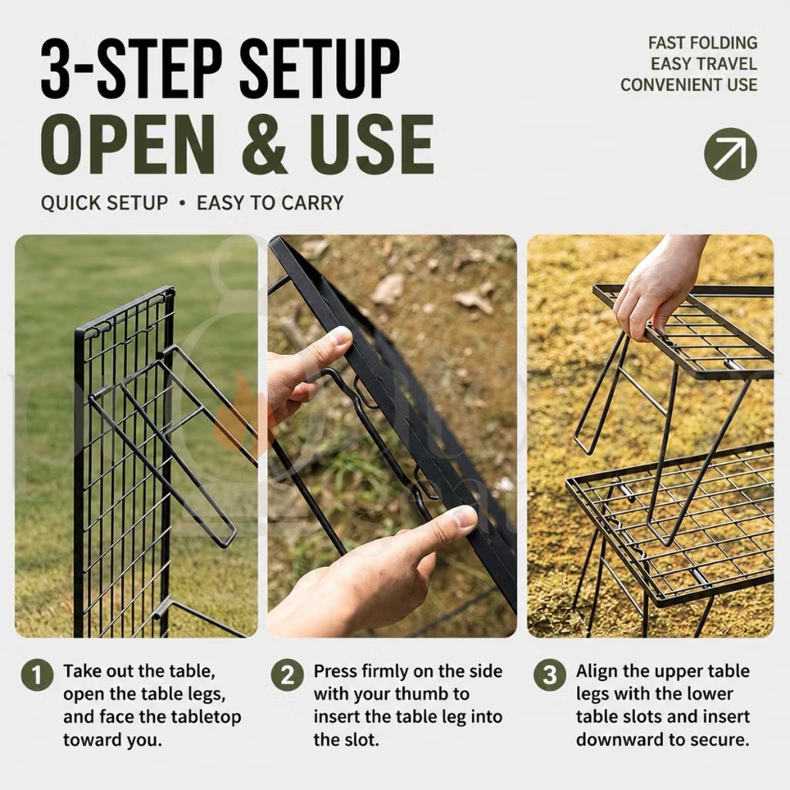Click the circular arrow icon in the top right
(730, 154)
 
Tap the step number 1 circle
(37, 674)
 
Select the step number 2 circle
(287, 674)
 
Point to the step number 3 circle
(549, 674)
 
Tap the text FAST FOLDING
(702, 43)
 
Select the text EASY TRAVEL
(704, 64)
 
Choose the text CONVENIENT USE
(689, 85)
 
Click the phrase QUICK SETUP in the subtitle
(104, 203)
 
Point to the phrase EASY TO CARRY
(270, 203)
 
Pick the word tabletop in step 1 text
(206, 717)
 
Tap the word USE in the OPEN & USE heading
(373, 143)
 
